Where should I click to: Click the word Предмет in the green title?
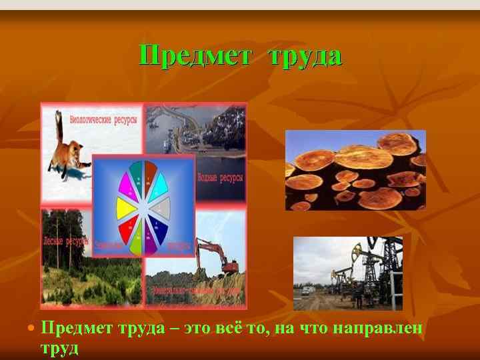coord(194,55)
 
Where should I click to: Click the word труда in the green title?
coord(305,55)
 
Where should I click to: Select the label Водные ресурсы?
coord(221,178)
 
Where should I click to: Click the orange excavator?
coord(217,257)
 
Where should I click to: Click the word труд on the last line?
coord(59,347)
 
